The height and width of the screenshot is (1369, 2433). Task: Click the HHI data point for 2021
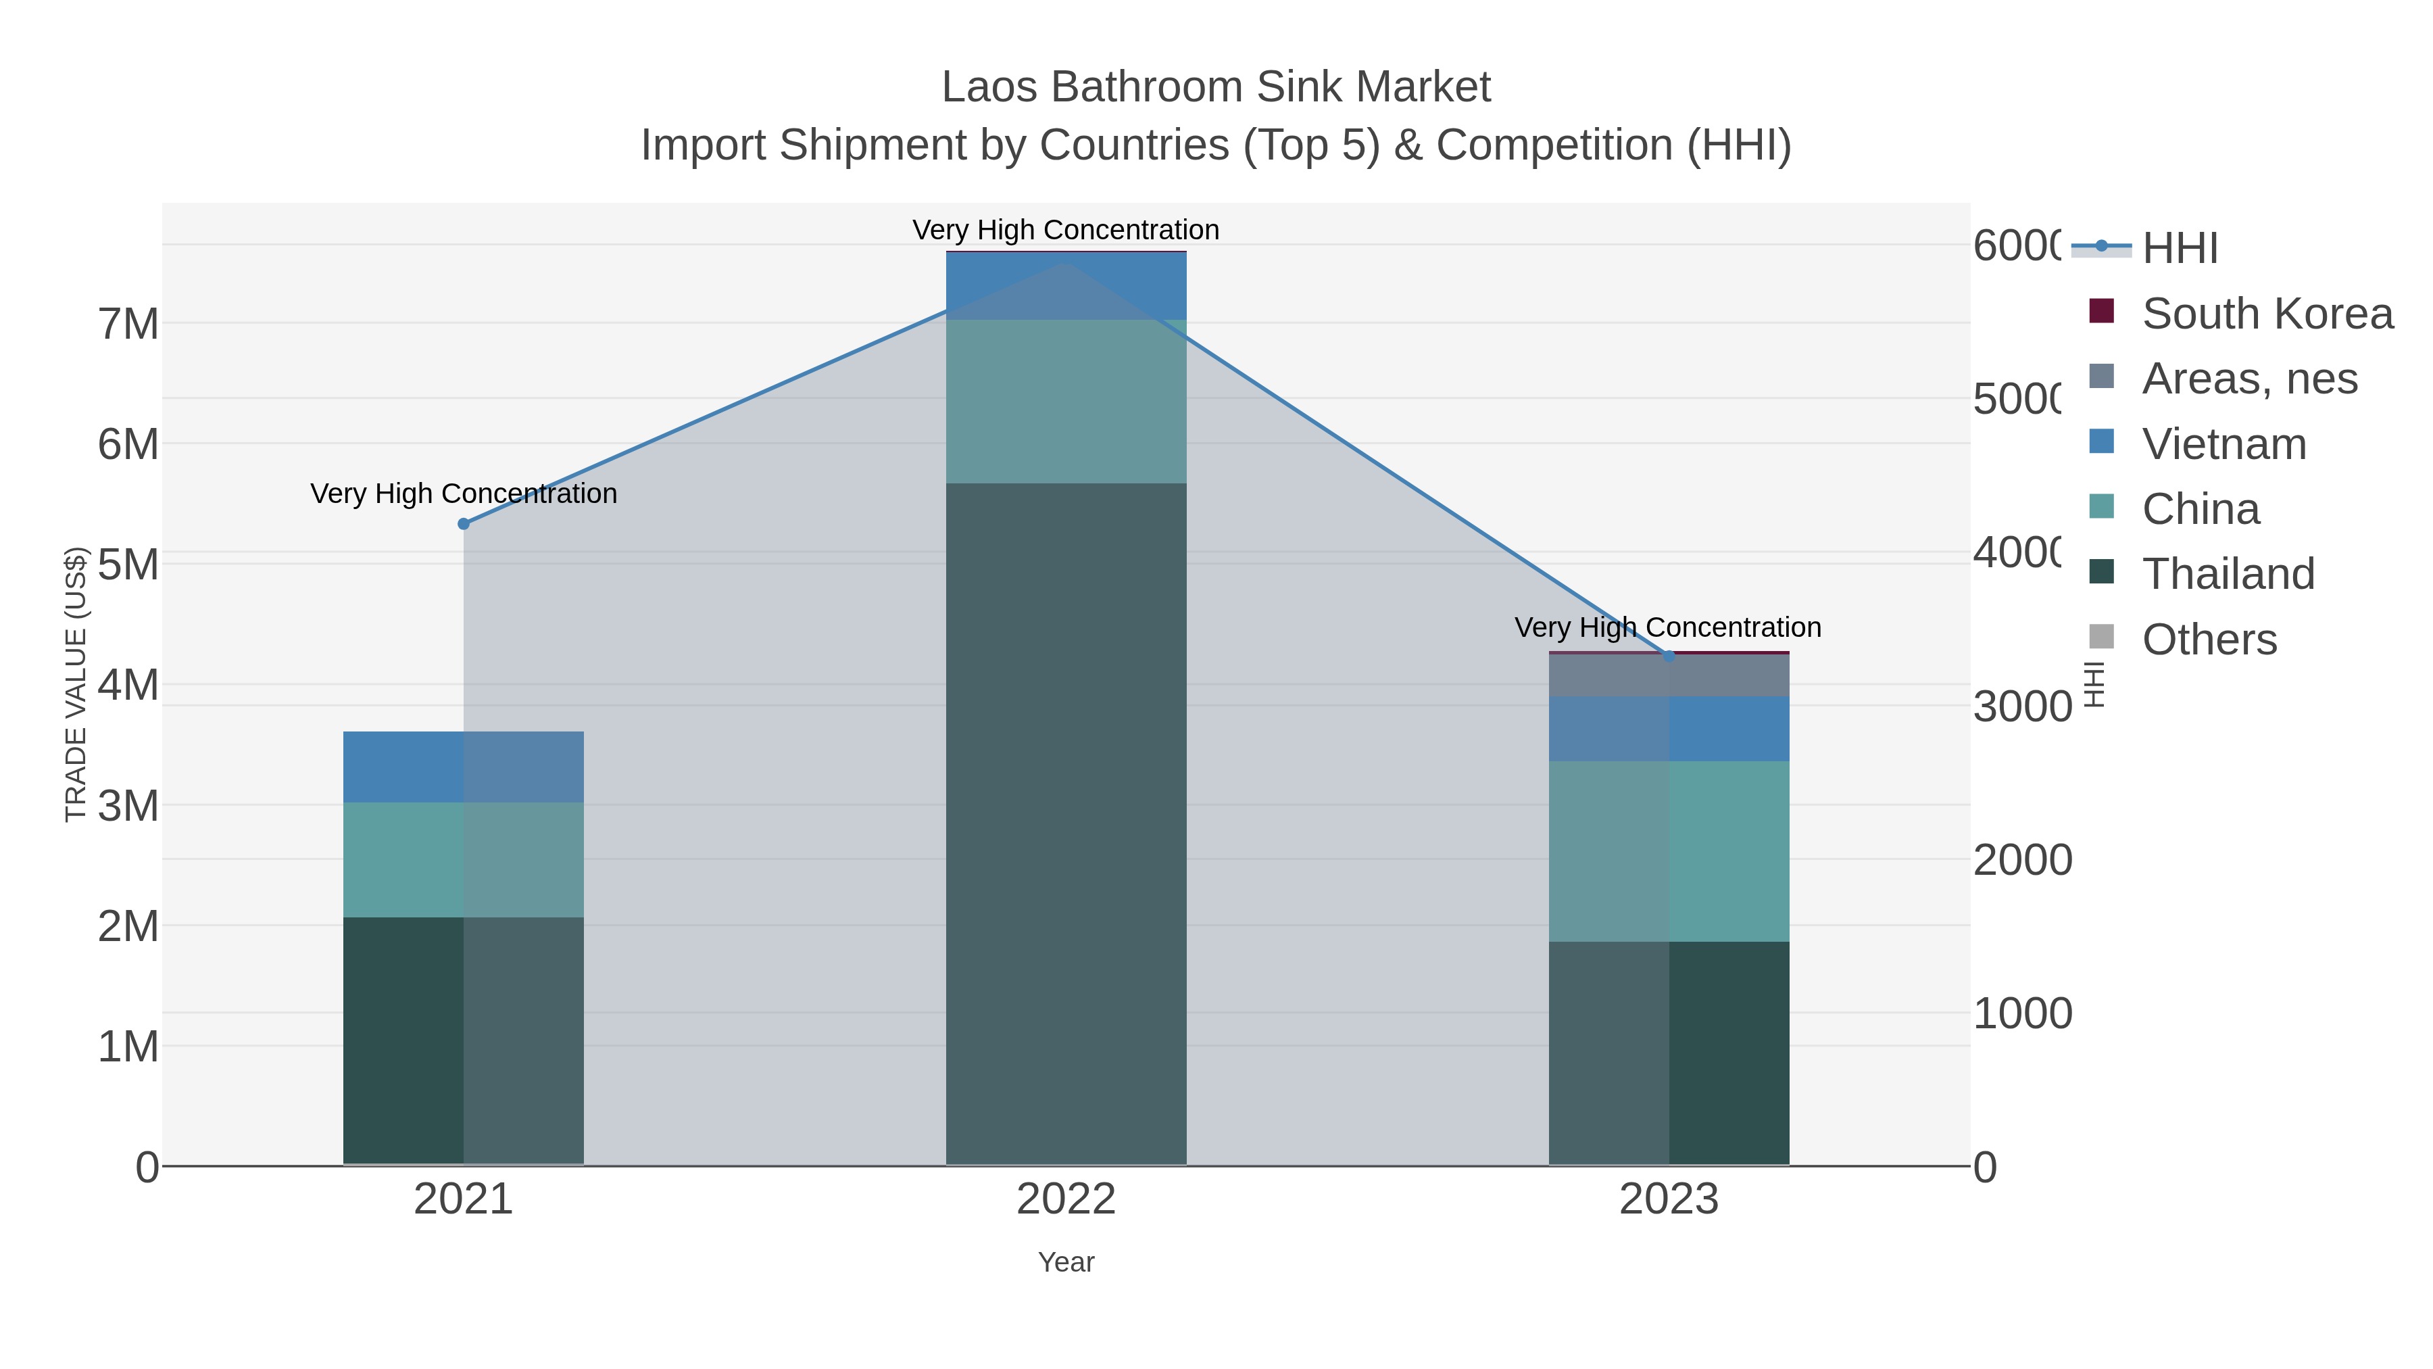pyautogui.click(x=464, y=523)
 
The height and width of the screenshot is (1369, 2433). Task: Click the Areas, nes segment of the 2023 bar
pyautogui.click(x=1669, y=675)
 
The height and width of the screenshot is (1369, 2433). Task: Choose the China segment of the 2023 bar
pyautogui.click(x=1669, y=850)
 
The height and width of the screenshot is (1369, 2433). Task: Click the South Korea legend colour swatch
pyautogui.click(x=2100, y=311)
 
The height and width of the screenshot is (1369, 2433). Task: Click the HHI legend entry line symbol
pyautogui.click(x=2100, y=247)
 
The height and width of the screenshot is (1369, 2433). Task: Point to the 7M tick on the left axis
pyautogui.click(x=128, y=324)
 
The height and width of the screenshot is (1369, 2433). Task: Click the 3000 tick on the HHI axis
pyautogui.click(x=2022, y=706)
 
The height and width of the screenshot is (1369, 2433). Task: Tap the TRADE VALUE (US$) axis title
pyautogui.click(x=76, y=684)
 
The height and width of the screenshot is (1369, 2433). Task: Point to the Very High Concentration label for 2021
pyautogui.click(x=464, y=494)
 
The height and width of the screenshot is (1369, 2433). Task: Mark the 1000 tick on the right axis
pyautogui.click(x=2022, y=1013)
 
